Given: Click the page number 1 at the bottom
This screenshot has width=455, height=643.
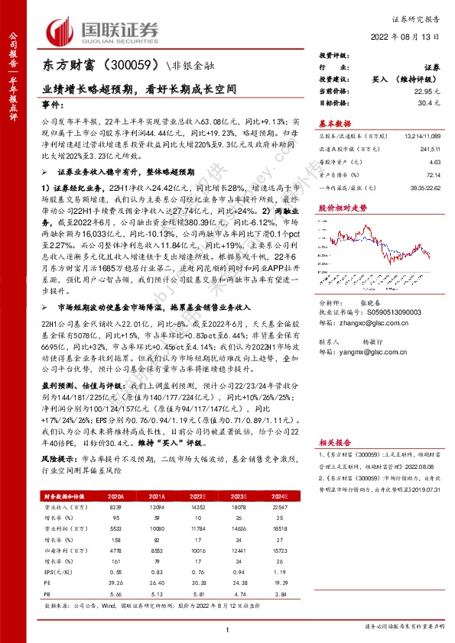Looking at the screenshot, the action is (228, 630).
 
